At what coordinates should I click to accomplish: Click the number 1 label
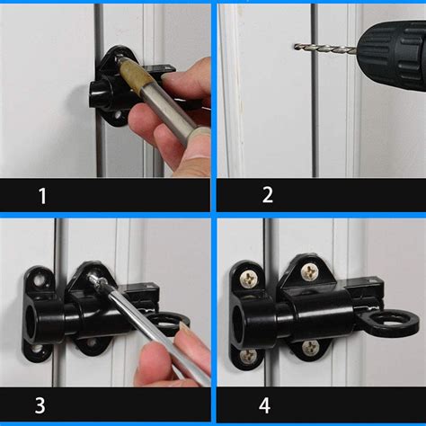(x=42, y=195)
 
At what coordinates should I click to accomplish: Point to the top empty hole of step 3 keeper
(x=38, y=280)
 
